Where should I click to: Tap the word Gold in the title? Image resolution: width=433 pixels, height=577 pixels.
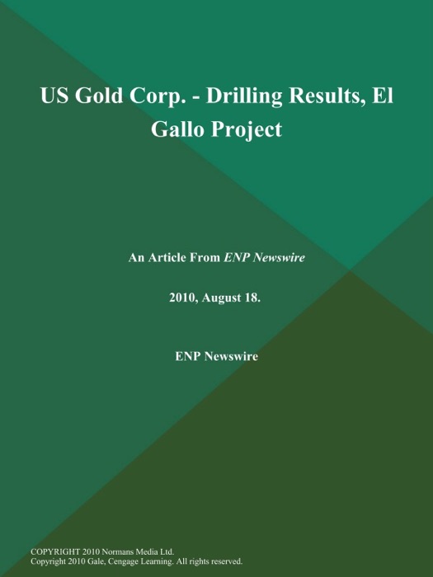(x=101, y=96)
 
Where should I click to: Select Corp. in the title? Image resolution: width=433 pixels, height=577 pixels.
(x=159, y=96)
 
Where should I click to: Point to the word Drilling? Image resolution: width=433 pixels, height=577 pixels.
(x=250, y=96)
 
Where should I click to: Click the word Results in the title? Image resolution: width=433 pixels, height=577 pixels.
(x=330, y=96)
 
